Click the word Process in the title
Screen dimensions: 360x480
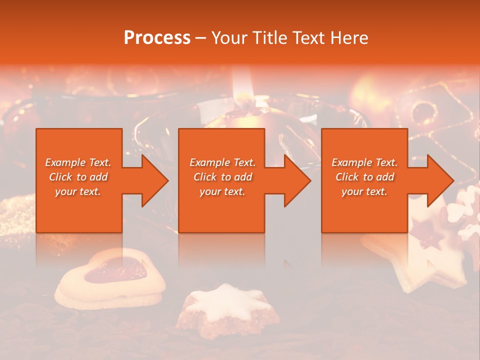157,38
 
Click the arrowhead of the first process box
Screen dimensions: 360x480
155,180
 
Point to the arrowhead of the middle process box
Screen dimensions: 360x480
297,180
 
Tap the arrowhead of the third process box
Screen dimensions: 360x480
440,180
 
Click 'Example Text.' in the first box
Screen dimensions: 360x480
78,162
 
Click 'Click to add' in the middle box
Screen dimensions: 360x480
222,177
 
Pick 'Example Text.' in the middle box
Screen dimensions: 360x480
222,162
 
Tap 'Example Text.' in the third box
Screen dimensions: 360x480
364,162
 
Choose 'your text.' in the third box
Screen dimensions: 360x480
364,191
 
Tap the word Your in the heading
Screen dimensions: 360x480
228,38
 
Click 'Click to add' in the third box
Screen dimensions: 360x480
364,177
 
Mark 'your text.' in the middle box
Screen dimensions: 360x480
222,191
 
